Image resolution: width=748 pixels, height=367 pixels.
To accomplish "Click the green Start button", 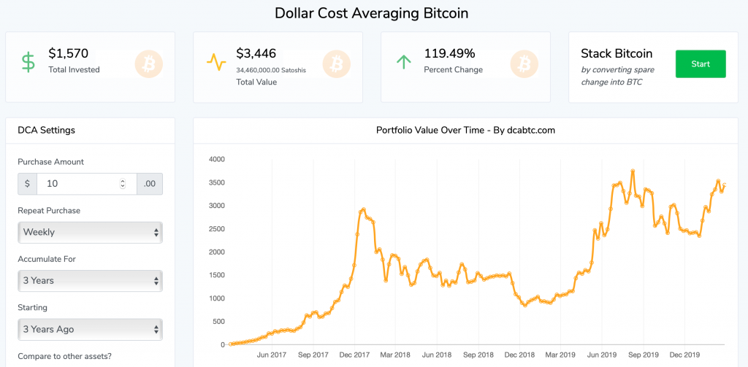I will pyautogui.click(x=700, y=64).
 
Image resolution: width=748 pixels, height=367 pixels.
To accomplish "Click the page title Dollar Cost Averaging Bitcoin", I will pyautogui.click(x=371, y=13).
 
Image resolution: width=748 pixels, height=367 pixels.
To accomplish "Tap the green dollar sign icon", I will pyautogui.click(x=28, y=62).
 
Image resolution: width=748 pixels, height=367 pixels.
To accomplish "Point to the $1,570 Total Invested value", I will pyautogui.click(x=69, y=53).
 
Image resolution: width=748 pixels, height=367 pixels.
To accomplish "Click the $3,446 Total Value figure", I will pyautogui.click(x=256, y=53).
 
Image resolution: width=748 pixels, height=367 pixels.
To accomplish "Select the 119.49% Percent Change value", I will pyautogui.click(x=449, y=53).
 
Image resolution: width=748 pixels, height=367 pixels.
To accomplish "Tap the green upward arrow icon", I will pyautogui.click(x=403, y=62).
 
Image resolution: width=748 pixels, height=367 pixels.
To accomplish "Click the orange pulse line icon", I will pyautogui.click(x=216, y=62).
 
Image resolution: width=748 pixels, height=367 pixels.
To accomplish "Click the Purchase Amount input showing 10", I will pyautogui.click(x=80, y=184).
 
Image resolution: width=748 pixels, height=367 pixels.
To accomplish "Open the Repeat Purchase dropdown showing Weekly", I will pyautogui.click(x=90, y=232).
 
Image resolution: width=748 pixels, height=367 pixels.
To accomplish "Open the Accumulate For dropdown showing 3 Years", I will pyautogui.click(x=90, y=281).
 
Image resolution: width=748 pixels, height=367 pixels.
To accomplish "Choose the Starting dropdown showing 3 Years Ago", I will pyautogui.click(x=90, y=329).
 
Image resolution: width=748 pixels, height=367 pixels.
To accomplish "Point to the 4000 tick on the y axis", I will pyautogui.click(x=216, y=159).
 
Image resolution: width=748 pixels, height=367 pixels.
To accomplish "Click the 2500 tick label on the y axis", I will pyautogui.click(x=216, y=229).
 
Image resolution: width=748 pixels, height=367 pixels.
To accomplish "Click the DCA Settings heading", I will pyautogui.click(x=46, y=131).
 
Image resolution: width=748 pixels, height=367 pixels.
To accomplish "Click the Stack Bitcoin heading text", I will pyautogui.click(x=617, y=53).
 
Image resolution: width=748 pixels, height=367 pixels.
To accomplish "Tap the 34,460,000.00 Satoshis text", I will pyautogui.click(x=271, y=70).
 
